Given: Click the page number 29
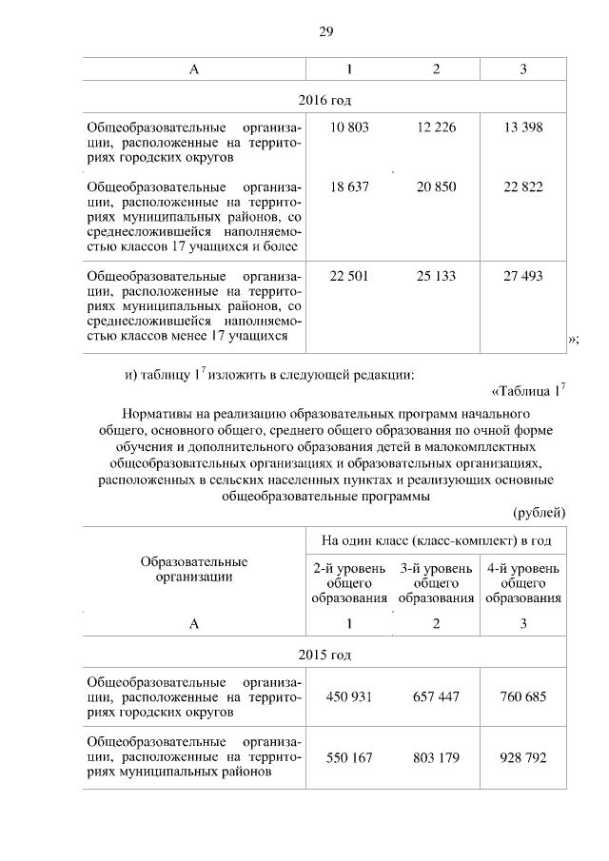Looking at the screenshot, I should pyautogui.click(x=324, y=31).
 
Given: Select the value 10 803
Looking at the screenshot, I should pyautogui.click(x=348, y=127).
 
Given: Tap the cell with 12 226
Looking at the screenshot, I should pyautogui.click(x=436, y=127).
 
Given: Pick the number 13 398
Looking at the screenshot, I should pyautogui.click(x=523, y=127).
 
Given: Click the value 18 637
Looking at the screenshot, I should pyautogui.click(x=348, y=187).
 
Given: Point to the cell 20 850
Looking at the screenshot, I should pyautogui.click(x=436, y=187).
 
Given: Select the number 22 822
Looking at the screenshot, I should pyautogui.click(x=523, y=187).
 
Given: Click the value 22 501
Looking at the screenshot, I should pyautogui.click(x=348, y=276).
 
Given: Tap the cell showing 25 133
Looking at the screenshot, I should pyautogui.click(x=436, y=276).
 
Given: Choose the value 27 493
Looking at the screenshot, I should pyautogui.click(x=523, y=276).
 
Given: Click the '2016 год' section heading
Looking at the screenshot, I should pyautogui.click(x=324, y=99).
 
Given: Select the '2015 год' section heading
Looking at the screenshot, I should pyautogui.click(x=324, y=656).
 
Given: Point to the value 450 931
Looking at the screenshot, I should pyautogui.click(x=348, y=697).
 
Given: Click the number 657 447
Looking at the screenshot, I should pyautogui.click(x=436, y=697).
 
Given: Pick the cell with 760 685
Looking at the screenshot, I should pyautogui.click(x=523, y=697).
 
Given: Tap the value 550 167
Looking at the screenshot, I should pyautogui.click(x=348, y=758).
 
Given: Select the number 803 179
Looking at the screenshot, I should pyautogui.click(x=436, y=758).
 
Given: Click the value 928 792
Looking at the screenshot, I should pyautogui.click(x=523, y=758).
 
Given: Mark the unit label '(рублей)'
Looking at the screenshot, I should pyautogui.click(x=539, y=513).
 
